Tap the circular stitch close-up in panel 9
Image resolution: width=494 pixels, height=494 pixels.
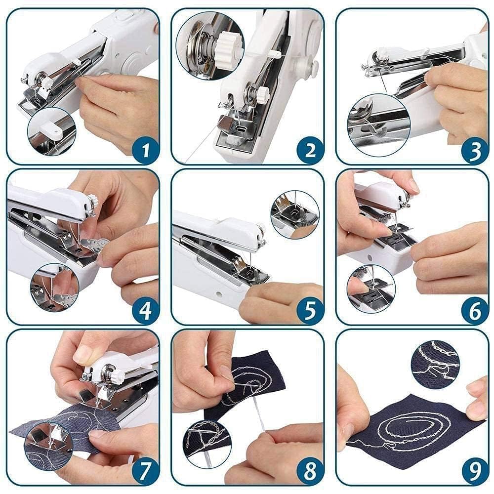(435, 364)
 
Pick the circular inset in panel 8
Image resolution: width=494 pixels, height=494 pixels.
(207, 437)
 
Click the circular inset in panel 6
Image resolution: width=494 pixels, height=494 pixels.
(371, 288)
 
